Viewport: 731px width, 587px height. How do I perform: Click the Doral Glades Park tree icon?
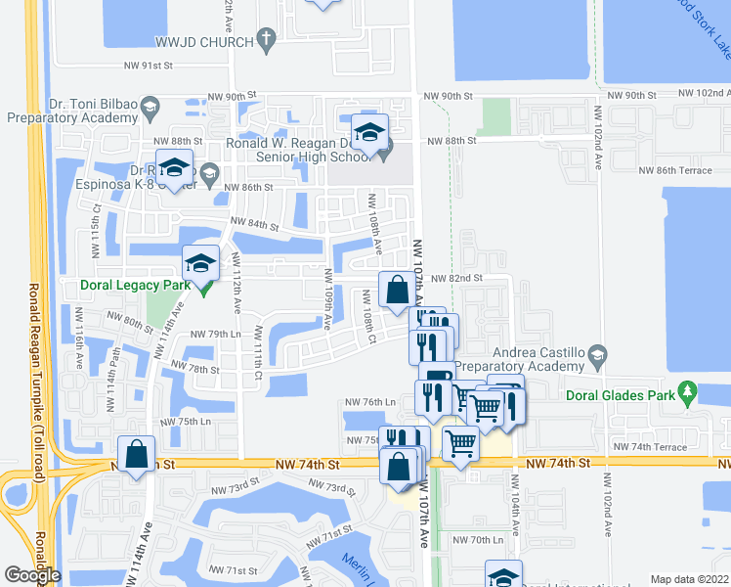point(689,395)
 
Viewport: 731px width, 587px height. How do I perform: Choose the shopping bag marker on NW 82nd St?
point(396,291)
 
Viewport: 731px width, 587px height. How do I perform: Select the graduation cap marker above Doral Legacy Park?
point(201,263)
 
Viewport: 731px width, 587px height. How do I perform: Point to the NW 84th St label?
point(255,225)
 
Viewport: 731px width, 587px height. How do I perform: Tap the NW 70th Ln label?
point(486,540)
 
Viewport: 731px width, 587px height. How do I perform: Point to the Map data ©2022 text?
point(688,579)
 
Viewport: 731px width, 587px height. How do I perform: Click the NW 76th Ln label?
point(370,402)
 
